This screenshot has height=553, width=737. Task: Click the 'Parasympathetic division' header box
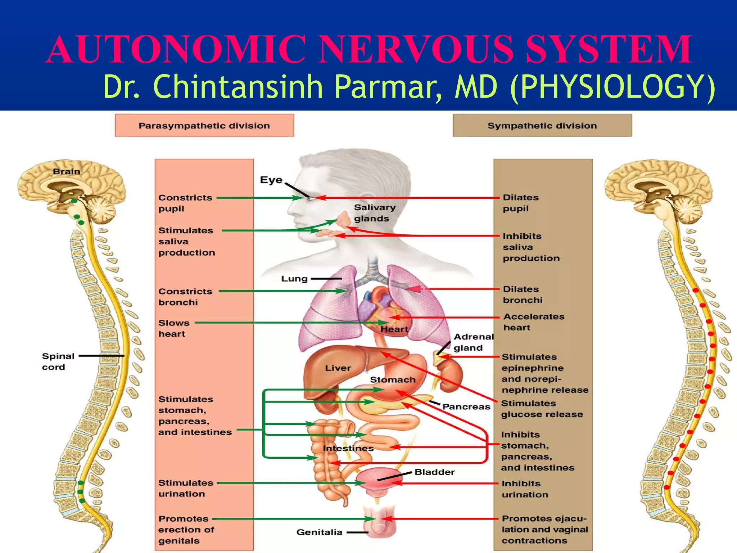204,126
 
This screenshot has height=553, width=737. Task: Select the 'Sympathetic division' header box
542,126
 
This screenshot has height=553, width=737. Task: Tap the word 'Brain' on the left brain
67,172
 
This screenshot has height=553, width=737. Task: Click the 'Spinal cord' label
58,361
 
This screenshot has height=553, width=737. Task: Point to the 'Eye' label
271,180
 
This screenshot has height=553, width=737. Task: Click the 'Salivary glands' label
374,213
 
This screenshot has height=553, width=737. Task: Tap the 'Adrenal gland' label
473,342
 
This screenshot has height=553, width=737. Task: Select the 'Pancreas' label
466,406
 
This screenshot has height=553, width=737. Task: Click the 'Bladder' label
434,472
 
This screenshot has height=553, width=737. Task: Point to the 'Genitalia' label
319,532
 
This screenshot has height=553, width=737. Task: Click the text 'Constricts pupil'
185,203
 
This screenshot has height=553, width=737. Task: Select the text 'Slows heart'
173,328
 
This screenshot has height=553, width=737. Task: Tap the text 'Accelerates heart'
533,322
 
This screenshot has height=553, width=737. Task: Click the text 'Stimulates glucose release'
542,409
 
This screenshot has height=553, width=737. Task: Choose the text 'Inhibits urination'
525,489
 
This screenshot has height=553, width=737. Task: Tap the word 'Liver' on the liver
338,368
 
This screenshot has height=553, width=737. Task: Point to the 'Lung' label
294,279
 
